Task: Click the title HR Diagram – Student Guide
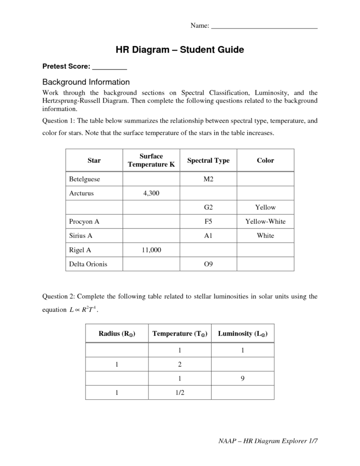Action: (180, 49)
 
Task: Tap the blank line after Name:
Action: (264, 28)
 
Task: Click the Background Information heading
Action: (86, 82)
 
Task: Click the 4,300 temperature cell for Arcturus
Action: (151, 193)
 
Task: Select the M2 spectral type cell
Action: (208, 179)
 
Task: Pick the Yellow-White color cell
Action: (265, 221)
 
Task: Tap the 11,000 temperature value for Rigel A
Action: (151, 250)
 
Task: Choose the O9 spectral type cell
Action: (208, 264)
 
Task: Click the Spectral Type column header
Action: (208, 160)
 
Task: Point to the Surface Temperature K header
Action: (151, 160)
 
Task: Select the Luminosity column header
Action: (242, 333)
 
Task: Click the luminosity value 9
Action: (242, 379)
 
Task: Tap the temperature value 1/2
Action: (180, 392)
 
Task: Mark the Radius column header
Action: (117, 333)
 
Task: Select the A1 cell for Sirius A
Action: (208, 235)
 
